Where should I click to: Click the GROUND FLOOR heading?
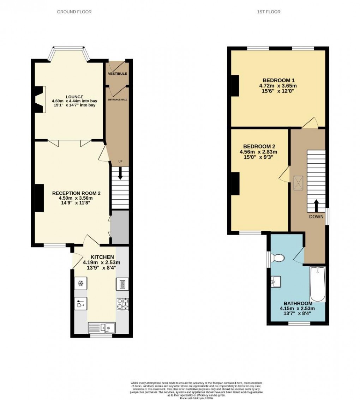click(74, 12)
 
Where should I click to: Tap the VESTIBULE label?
click(118, 74)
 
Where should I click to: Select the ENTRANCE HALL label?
click(118, 99)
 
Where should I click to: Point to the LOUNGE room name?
click(74, 97)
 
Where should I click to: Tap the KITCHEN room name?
click(102, 257)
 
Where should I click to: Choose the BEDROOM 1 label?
click(278, 80)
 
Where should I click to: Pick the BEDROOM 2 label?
click(259, 146)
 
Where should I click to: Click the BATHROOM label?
click(298, 303)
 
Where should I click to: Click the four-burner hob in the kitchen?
click(122, 304)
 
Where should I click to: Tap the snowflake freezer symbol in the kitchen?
click(80, 283)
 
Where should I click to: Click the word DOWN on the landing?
click(316, 217)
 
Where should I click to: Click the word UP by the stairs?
click(120, 162)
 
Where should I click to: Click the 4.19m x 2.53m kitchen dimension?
click(102, 262)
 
